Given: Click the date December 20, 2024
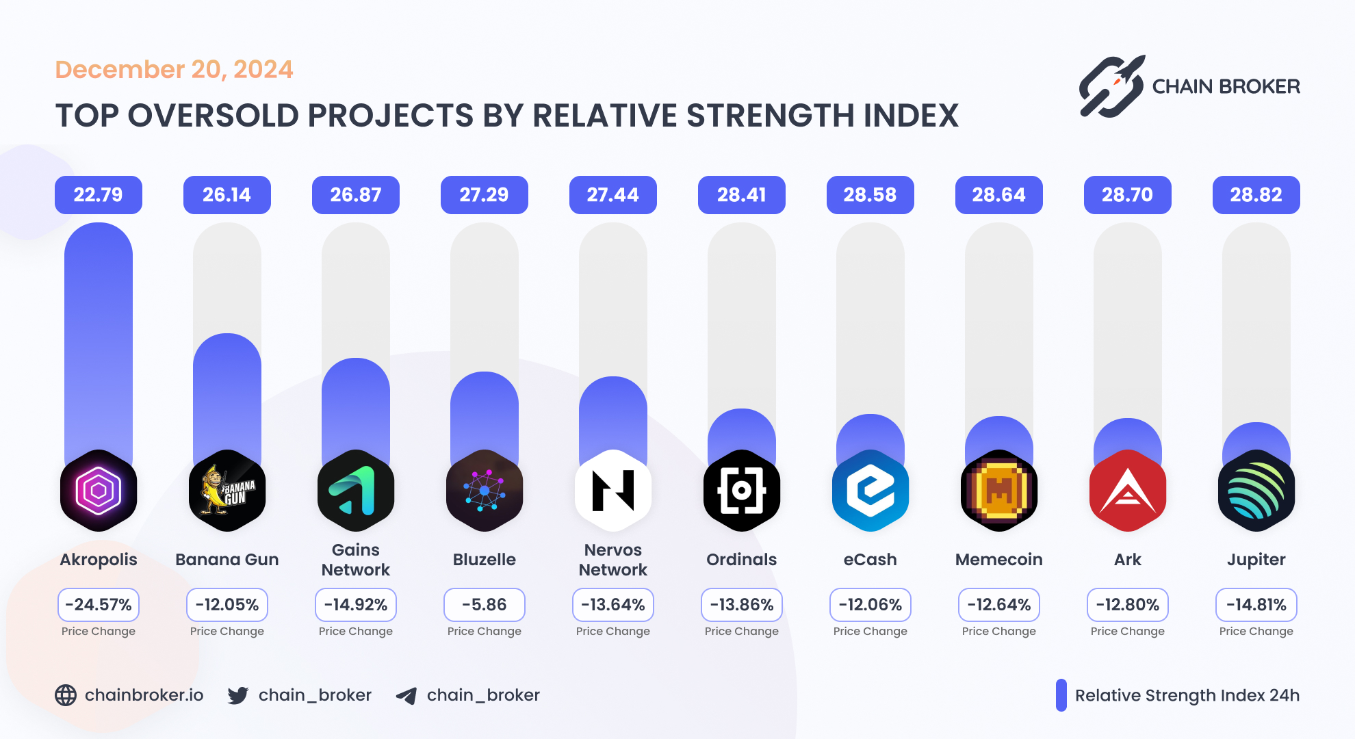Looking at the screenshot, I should (x=174, y=70).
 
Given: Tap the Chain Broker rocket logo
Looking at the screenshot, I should (x=1111, y=87).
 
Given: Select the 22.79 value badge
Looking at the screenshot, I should (x=99, y=195).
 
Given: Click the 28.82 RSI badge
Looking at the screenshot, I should (x=1256, y=195).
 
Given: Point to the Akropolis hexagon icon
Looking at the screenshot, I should (x=99, y=491).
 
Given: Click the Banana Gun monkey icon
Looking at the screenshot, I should (x=227, y=491).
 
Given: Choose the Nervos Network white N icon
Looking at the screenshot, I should (x=613, y=491).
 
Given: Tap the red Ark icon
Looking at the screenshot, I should (x=1127, y=491).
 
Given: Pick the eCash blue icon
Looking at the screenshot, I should (x=870, y=491).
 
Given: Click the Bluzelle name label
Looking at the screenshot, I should (x=485, y=560).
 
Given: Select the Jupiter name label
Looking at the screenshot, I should (x=1256, y=560).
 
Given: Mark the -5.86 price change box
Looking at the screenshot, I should (x=485, y=605).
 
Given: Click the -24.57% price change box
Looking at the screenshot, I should (x=99, y=605).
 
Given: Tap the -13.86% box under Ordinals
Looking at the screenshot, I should (x=742, y=605).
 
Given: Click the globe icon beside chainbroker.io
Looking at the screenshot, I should (x=66, y=695).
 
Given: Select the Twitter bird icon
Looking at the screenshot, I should (x=238, y=695).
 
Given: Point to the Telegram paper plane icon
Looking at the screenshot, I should (x=406, y=696).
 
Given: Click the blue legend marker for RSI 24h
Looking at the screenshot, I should (x=1061, y=695).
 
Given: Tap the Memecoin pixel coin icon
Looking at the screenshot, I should (x=999, y=491).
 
